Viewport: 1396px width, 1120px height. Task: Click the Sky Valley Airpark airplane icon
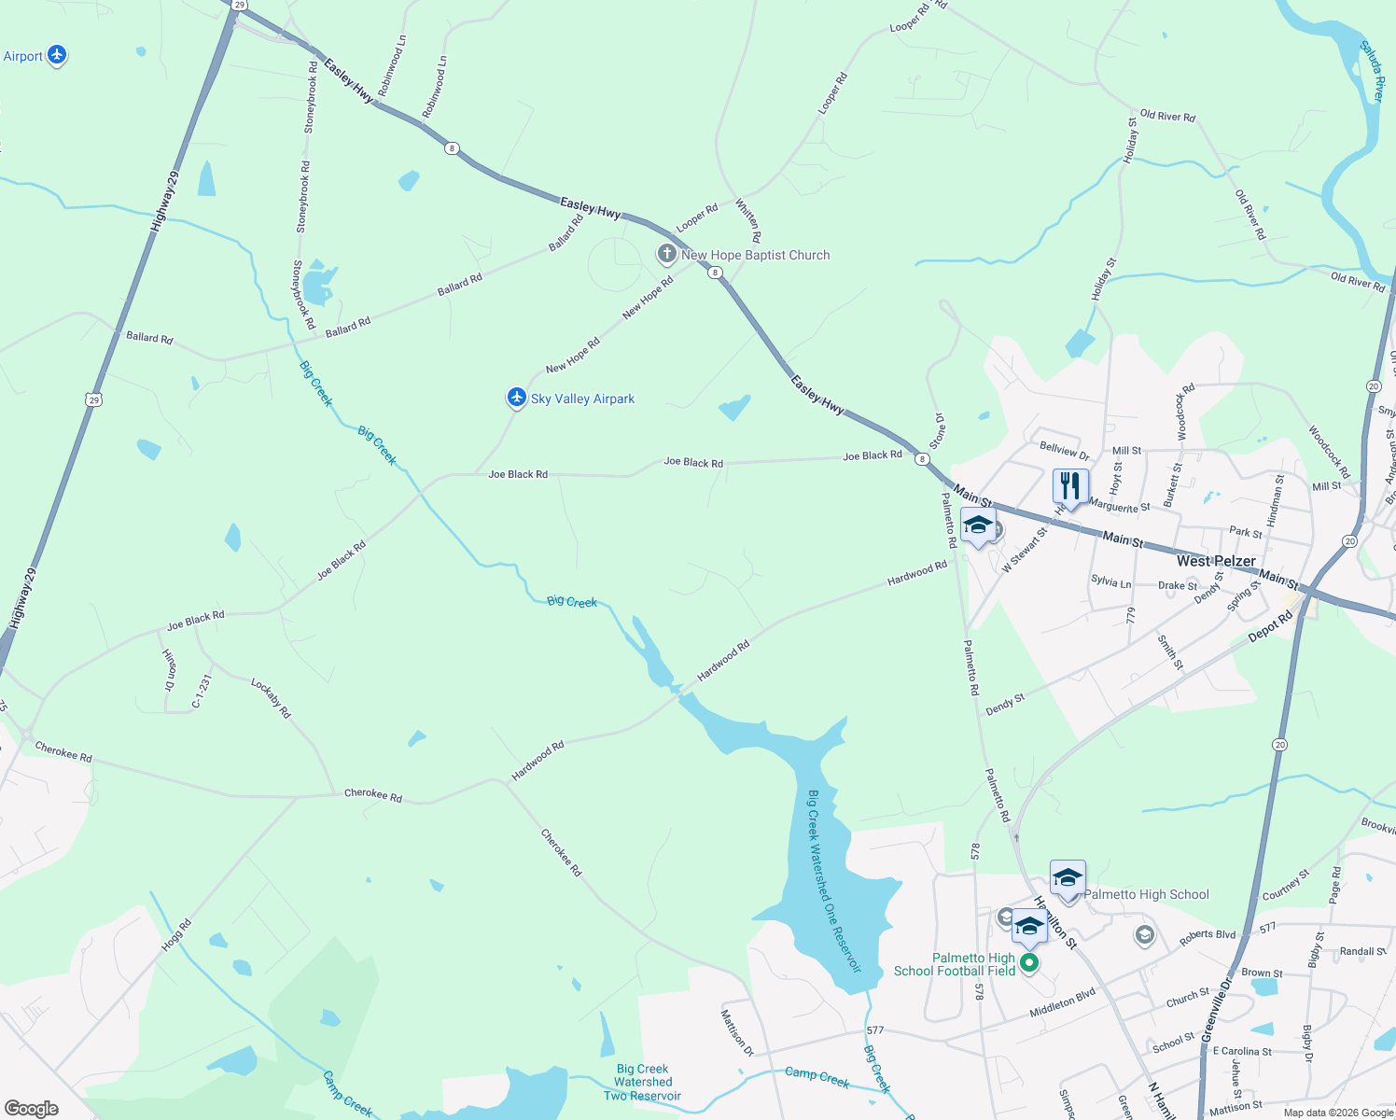(x=516, y=398)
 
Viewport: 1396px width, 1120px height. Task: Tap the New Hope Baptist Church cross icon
(x=666, y=254)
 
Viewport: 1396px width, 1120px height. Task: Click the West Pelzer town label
(x=1216, y=561)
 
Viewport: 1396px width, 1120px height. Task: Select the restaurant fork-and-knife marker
(x=1069, y=486)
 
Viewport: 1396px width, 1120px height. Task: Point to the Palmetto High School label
(x=1146, y=894)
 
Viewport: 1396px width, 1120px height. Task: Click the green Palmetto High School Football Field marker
(x=1028, y=962)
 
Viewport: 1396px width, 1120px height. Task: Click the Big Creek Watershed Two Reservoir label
(x=642, y=1083)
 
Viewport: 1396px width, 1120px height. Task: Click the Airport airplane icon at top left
(x=57, y=56)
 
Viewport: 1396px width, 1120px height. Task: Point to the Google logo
(x=32, y=1109)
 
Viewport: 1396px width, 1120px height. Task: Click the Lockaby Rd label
(x=271, y=698)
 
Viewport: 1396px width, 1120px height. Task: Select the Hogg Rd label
(x=175, y=935)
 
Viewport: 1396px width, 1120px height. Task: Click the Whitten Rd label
(x=748, y=220)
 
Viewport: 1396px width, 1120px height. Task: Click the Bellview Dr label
(x=1064, y=452)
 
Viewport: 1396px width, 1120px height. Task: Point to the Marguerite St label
(x=1120, y=506)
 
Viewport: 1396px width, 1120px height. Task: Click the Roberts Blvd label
(x=1208, y=937)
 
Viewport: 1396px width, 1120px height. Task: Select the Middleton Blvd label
(x=1063, y=1003)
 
